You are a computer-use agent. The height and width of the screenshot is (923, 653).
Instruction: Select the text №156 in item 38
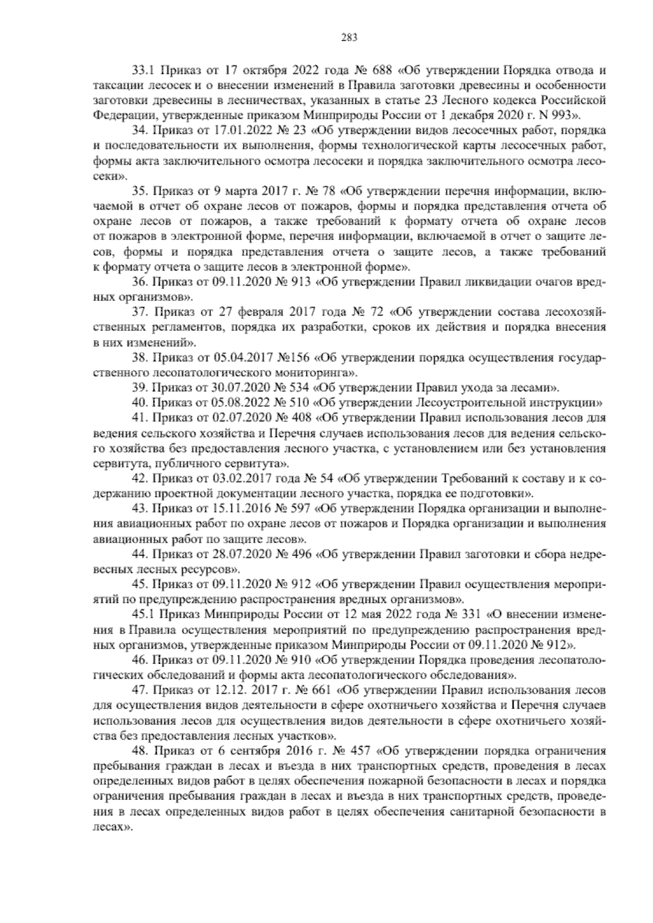pos(294,358)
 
